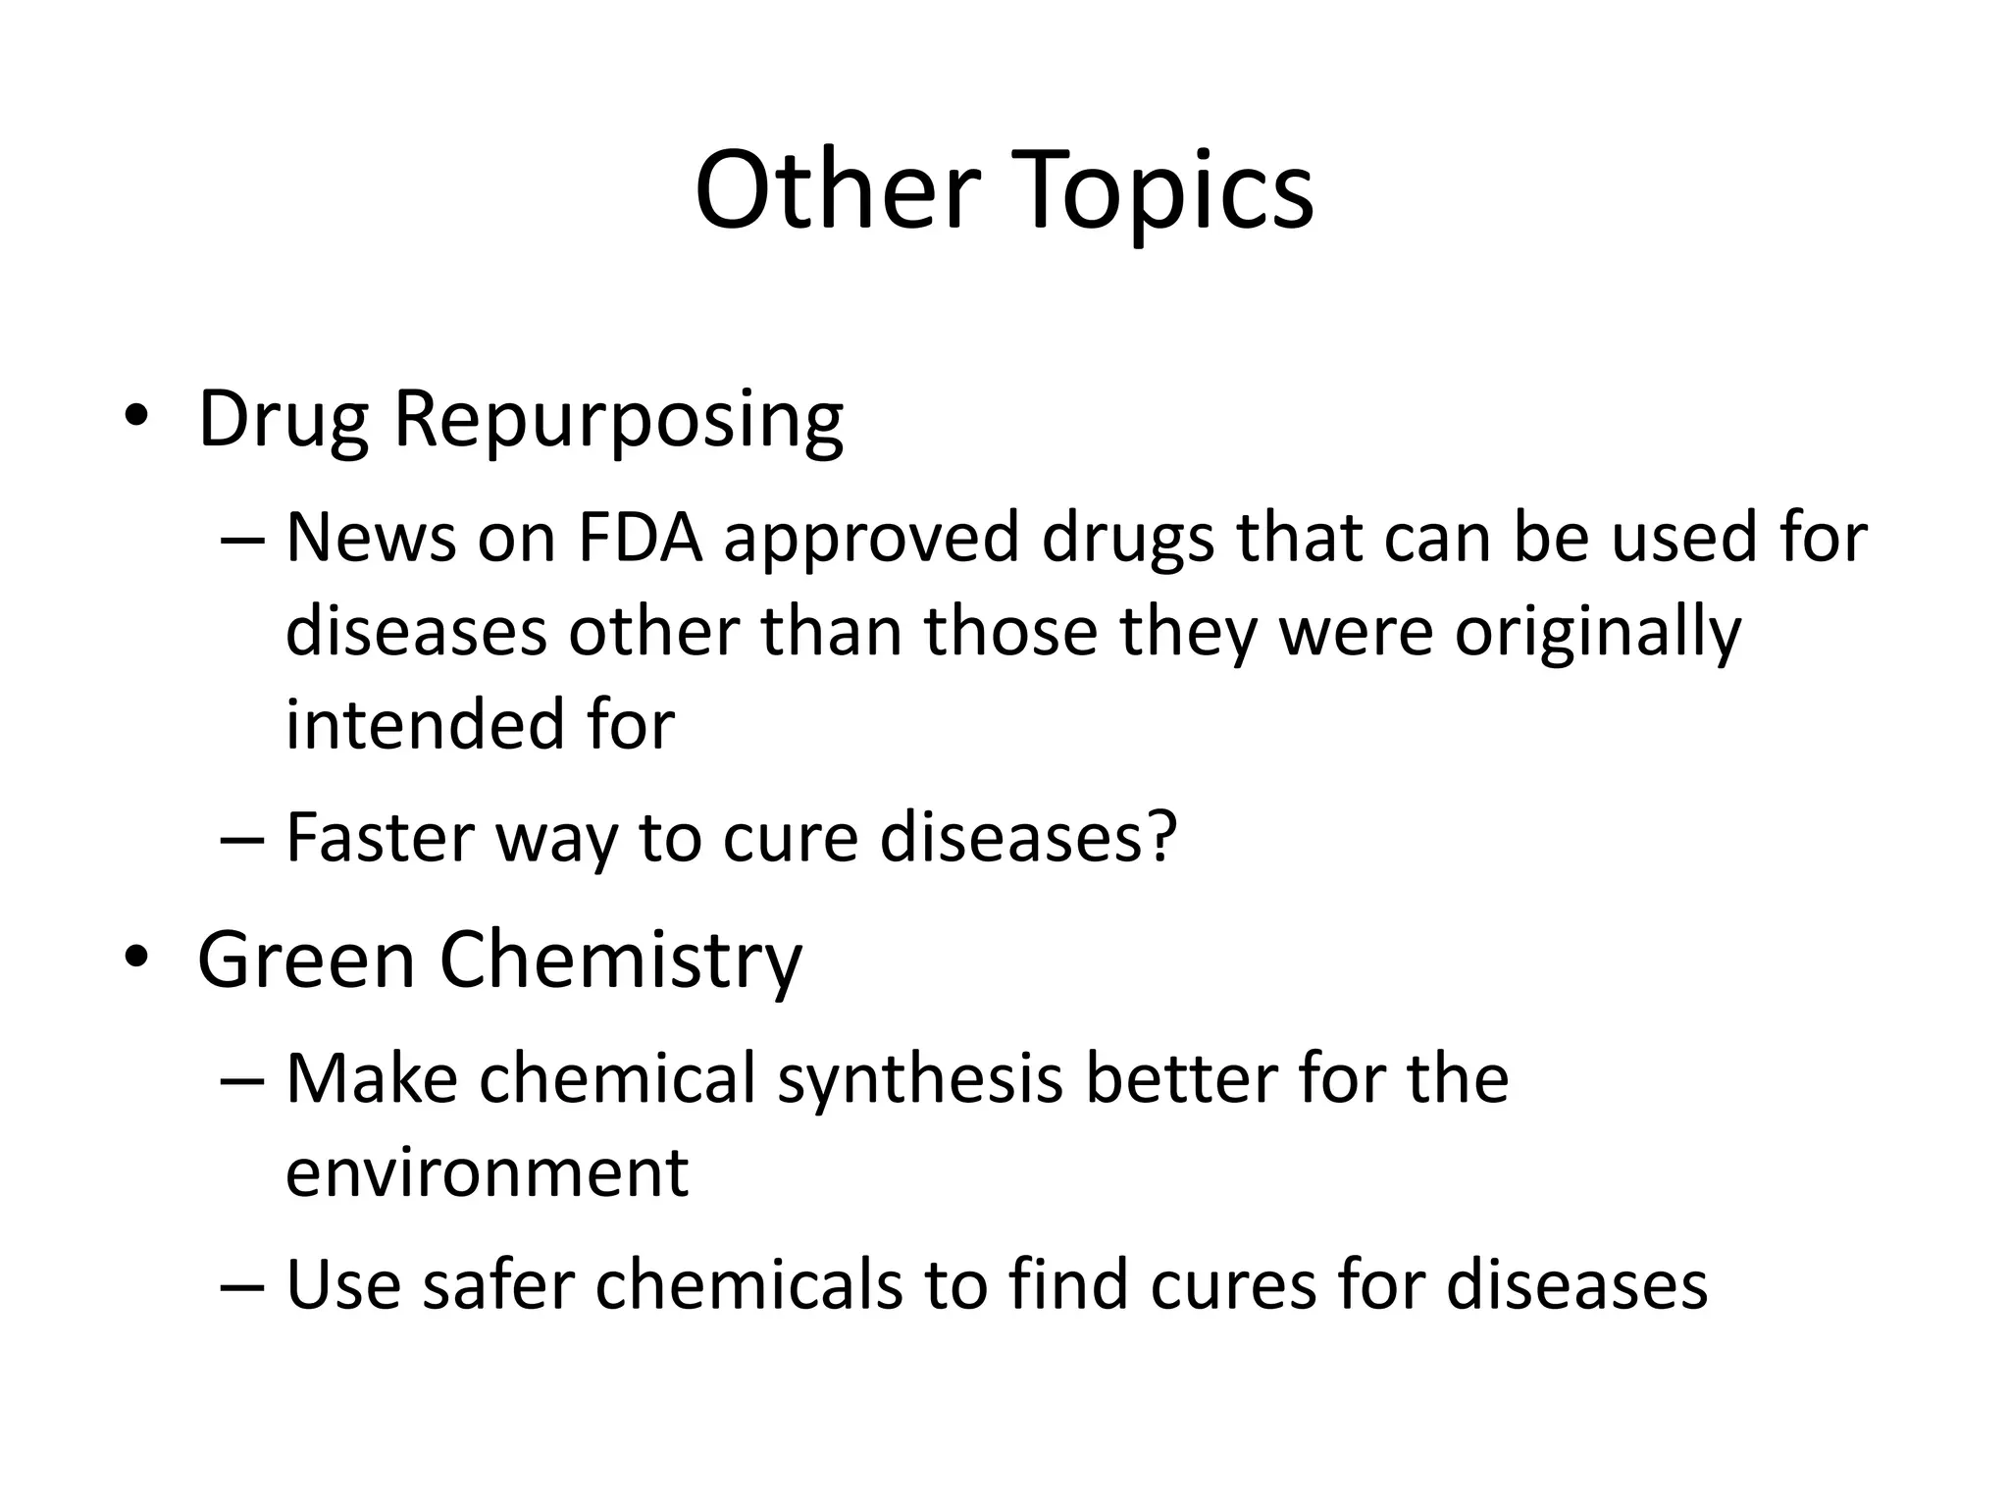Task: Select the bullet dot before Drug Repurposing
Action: tap(135, 416)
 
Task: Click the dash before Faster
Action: tap(242, 839)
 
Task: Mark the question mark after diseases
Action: tap(1160, 837)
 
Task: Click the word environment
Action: tap(488, 1172)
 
